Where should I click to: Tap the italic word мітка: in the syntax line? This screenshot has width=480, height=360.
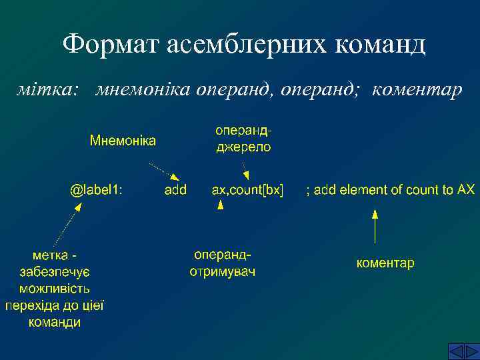click(x=47, y=89)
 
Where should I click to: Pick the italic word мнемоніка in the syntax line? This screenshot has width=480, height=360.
click(x=142, y=89)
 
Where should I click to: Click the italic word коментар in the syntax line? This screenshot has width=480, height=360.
click(x=417, y=89)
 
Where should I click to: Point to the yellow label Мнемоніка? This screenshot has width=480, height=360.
click(x=123, y=141)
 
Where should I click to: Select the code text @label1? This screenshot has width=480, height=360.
click(x=96, y=190)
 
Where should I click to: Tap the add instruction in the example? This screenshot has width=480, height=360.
click(x=175, y=190)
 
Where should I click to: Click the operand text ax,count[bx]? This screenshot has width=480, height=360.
click(x=247, y=190)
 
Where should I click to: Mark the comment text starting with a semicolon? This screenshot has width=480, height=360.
click(x=390, y=190)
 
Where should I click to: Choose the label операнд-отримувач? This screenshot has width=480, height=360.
click(x=222, y=264)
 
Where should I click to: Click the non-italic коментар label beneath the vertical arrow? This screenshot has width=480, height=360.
click(x=385, y=263)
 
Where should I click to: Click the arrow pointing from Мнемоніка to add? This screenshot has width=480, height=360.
click(x=163, y=171)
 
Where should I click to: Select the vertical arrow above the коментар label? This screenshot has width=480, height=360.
click(x=375, y=227)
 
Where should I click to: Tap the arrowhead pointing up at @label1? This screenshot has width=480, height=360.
click(x=77, y=207)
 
